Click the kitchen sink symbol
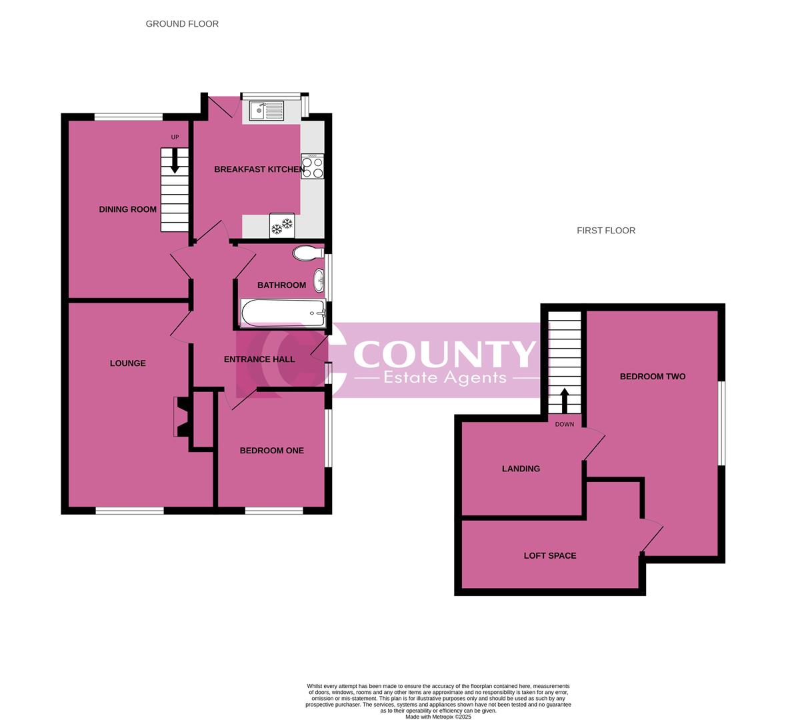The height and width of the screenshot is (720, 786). click(x=266, y=110)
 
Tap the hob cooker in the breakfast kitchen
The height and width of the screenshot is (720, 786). click(x=313, y=167)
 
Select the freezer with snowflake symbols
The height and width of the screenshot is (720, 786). click(x=282, y=225)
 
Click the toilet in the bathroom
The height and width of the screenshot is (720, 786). click(x=307, y=253)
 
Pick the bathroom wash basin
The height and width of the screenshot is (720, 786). click(x=319, y=280)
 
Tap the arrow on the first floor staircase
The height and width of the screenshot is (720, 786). click(x=565, y=401)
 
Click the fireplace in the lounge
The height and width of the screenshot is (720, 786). click(x=181, y=417)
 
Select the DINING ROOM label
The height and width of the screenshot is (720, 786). click(x=128, y=209)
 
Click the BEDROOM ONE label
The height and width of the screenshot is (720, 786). click(x=271, y=451)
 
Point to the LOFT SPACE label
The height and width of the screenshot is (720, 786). click(x=550, y=555)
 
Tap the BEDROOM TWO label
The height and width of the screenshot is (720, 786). click(x=653, y=377)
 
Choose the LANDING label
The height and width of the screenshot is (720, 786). click(x=521, y=469)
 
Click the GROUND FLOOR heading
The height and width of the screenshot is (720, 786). click(x=182, y=24)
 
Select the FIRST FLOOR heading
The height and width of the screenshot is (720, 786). click(x=606, y=231)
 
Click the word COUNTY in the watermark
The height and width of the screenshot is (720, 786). click(x=444, y=353)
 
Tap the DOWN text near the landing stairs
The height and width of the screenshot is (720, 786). click(x=565, y=424)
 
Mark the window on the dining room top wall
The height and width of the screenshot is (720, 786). click(x=128, y=117)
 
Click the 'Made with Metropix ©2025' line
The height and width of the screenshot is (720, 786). click(x=438, y=717)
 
